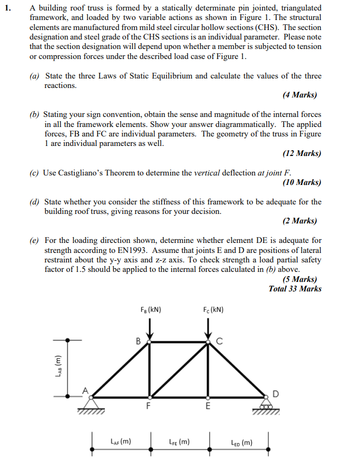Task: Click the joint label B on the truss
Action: [x=139, y=341]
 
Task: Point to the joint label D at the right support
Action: [x=276, y=393]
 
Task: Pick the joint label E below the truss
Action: [x=208, y=407]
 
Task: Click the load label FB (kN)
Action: [x=151, y=309]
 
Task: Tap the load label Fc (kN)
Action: [x=212, y=309]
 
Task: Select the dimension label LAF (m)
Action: [x=120, y=442]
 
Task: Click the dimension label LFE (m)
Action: [x=179, y=442]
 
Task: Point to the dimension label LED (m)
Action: [x=241, y=442]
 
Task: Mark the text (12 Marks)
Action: [x=301, y=153]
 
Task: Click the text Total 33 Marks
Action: [x=295, y=289]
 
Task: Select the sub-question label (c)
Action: [x=35, y=172]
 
